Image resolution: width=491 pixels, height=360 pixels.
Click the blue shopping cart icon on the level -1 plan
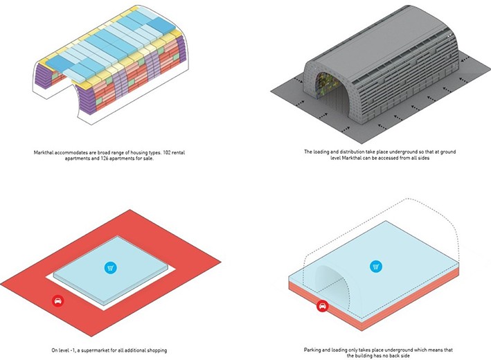111,268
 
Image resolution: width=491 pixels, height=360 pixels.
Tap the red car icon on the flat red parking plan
58,301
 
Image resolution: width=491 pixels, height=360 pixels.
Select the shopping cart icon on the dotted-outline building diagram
376,267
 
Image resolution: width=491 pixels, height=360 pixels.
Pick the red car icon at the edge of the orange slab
322,306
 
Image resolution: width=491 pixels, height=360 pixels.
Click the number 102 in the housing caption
168,153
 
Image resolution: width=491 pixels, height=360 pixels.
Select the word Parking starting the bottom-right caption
312,350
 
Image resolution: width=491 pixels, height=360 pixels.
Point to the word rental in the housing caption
179,153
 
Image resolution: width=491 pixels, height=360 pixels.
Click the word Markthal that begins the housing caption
44,153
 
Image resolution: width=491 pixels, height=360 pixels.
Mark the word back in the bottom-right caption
393,356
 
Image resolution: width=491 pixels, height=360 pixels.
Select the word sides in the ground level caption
423,158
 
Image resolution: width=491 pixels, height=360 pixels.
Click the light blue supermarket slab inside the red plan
111,270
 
